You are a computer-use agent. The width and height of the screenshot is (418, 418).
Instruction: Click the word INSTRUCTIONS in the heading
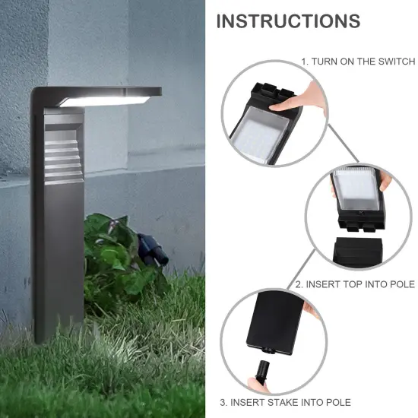coord(288,21)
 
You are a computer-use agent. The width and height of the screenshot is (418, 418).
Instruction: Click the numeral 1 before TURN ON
coord(304,61)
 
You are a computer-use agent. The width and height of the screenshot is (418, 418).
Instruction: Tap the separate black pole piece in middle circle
coord(357,249)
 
